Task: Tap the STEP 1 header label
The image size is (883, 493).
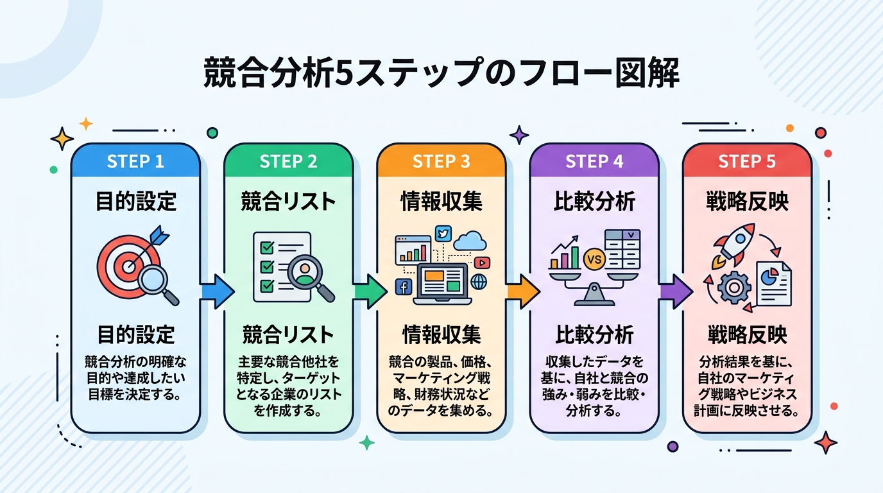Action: tap(135, 161)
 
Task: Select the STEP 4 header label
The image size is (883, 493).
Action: tap(594, 161)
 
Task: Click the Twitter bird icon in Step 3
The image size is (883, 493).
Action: tap(443, 234)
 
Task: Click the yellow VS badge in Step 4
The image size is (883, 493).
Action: tap(594, 261)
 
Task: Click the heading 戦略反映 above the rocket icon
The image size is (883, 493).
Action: tap(747, 202)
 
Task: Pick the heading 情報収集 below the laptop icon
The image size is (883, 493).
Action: tap(441, 334)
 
